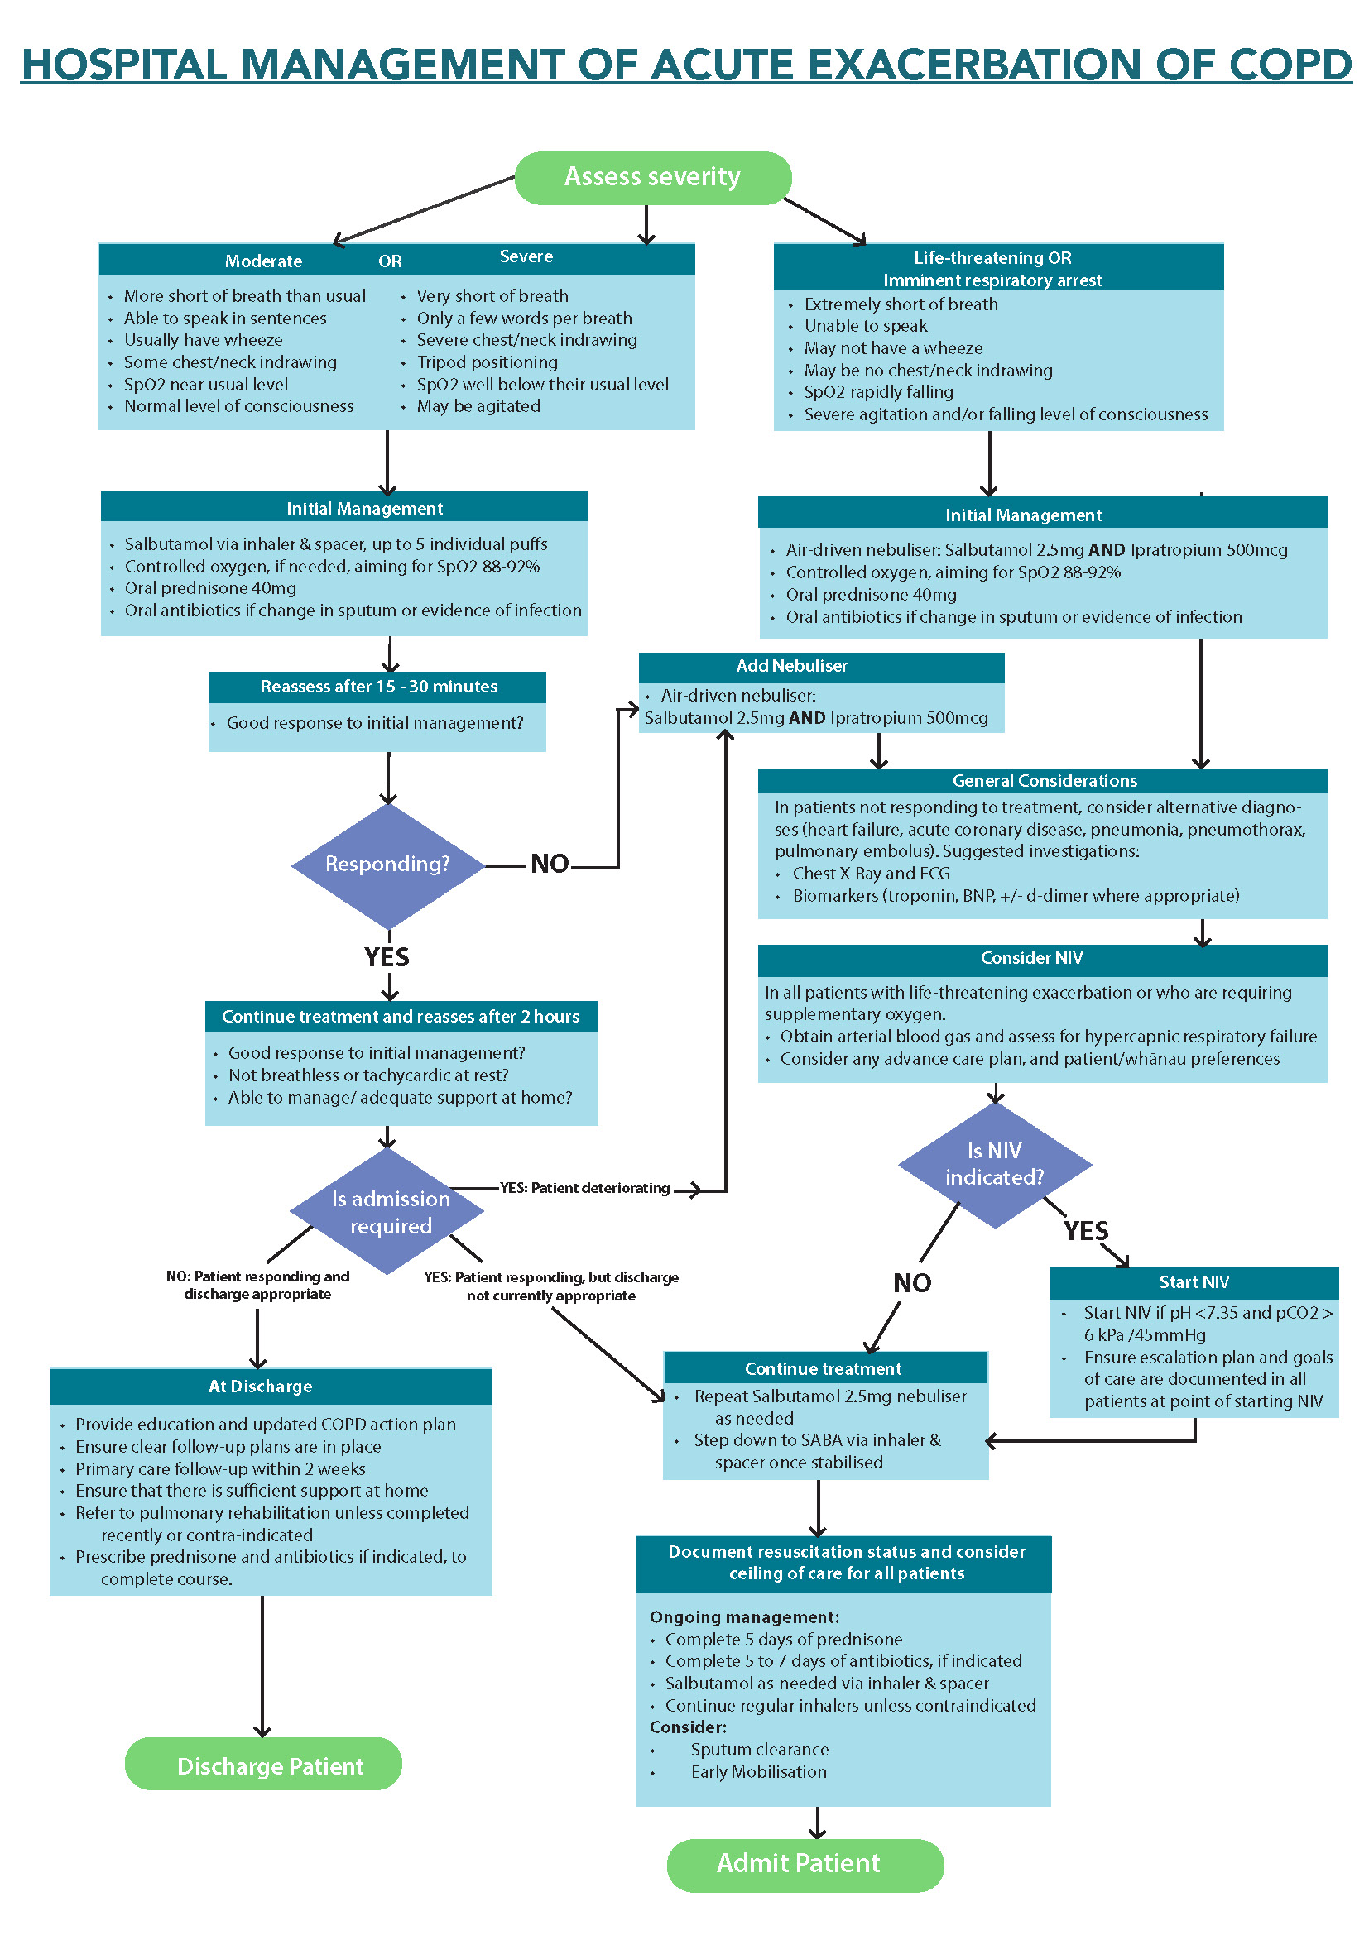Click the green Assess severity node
[x=652, y=177]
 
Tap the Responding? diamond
[x=387, y=865]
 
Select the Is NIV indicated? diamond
[x=995, y=1164]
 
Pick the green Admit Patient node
[x=805, y=1863]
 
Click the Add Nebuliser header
[x=792, y=666]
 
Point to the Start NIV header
[x=1194, y=1281]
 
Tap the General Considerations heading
[x=1044, y=780]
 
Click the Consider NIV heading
[x=1031, y=957]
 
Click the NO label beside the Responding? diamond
[x=550, y=864]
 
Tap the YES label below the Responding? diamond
[x=387, y=957]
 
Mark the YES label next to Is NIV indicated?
[x=1086, y=1231]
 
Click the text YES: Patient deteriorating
[x=584, y=1188]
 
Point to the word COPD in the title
[x=1290, y=65]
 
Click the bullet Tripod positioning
[x=488, y=362]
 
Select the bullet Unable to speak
[x=866, y=326]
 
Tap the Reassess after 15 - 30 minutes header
[x=378, y=687]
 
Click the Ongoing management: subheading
[x=744, y=1617]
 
